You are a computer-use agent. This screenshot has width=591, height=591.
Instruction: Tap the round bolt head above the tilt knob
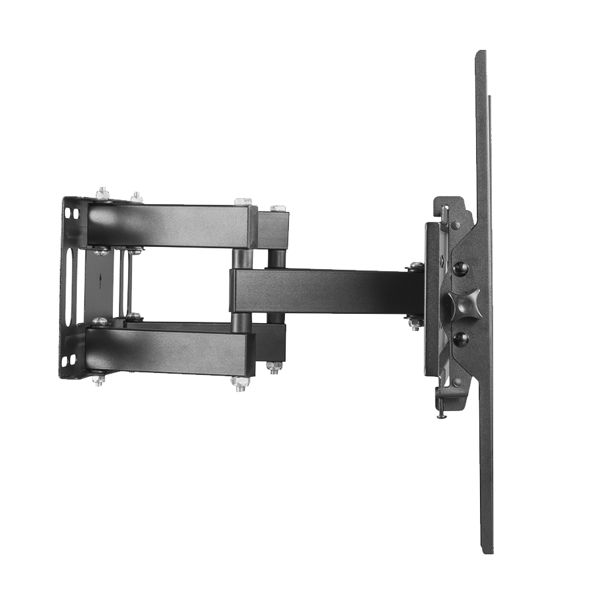pos(462,268)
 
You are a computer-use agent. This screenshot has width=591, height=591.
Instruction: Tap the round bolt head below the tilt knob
pos(461,338)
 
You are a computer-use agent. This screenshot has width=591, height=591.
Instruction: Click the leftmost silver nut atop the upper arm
pos(102,193)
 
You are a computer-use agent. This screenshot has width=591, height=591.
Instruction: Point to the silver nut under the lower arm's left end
pos(99,379)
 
